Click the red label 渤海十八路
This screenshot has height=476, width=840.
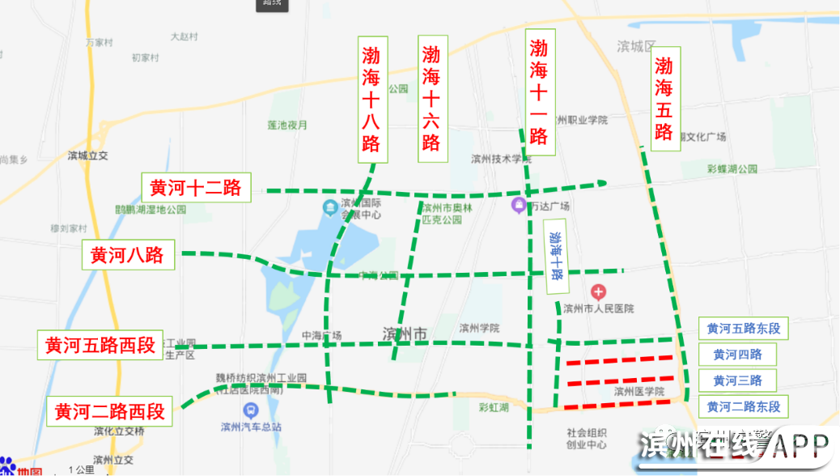[371, 100]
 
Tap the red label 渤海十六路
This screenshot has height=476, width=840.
[431, 99]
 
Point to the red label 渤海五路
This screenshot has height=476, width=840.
[664, 99]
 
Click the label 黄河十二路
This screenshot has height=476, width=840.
[196, 188]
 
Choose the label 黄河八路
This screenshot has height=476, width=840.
[127, 255]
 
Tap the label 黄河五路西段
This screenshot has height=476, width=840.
[100, 345]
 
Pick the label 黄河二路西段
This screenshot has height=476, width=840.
[110, 411]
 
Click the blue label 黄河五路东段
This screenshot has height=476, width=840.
[743, 329]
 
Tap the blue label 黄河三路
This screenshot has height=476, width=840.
[737, 380]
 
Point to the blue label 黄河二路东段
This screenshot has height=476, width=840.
[743, 406]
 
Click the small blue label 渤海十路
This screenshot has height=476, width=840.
[555, 256]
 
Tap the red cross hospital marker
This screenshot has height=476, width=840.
[598, 291]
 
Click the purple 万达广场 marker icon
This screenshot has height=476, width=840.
[519, 206]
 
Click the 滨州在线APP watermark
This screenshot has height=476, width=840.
[733, 447]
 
